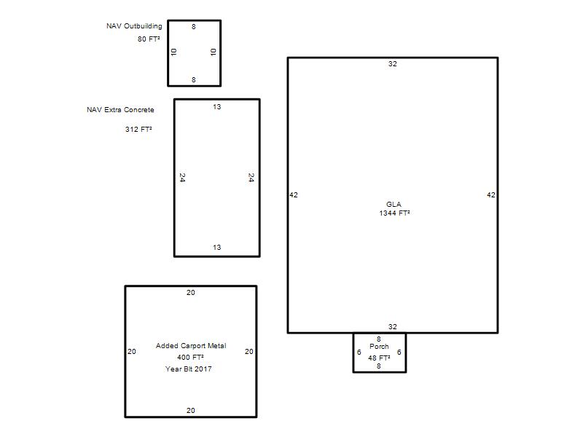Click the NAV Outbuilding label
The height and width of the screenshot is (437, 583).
134,26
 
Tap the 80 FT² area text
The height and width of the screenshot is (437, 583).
149,39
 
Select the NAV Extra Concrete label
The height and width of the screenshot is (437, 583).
120,110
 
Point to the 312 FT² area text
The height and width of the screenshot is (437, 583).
138,129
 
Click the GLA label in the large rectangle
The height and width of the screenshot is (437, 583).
394,204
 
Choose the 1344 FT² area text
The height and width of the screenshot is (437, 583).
394,213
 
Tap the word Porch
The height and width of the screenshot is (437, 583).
379,347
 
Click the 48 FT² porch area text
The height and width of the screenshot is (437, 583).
379,358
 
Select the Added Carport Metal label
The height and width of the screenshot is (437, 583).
191,345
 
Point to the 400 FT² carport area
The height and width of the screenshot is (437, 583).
190,357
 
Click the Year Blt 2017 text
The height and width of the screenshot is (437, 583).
189,369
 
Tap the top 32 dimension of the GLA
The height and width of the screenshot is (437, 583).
393,64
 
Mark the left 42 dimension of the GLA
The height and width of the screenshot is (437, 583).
294,194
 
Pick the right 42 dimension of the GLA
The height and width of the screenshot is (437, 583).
490,194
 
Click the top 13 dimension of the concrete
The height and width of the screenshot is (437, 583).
216,106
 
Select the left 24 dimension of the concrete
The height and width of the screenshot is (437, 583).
182,178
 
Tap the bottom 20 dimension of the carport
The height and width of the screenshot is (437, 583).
191,410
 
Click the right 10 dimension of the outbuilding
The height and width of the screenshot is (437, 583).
213,52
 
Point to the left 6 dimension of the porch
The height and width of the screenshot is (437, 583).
359,352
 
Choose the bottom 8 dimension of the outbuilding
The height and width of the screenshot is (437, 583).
194,79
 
